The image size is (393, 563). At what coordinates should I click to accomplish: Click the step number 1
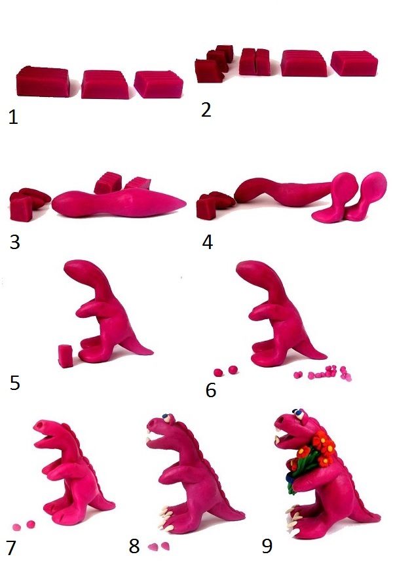13,117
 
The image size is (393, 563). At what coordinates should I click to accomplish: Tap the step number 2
206,109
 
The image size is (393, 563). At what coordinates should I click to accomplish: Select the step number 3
14,242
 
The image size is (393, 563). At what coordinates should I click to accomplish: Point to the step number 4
208,242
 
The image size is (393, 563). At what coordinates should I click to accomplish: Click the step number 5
14,383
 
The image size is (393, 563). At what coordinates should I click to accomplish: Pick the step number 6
211,390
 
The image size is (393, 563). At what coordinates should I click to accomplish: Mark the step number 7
11,548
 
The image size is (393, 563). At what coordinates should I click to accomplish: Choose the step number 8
134,546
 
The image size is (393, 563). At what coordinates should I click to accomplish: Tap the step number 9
267,546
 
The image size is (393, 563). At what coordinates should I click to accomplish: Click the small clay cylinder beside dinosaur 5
65,356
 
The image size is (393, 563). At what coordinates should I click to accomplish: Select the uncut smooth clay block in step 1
43,82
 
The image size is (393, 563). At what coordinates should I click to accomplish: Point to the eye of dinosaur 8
166,417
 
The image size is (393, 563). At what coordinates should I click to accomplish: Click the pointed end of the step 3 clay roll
185,203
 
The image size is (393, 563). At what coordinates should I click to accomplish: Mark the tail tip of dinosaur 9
379,515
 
